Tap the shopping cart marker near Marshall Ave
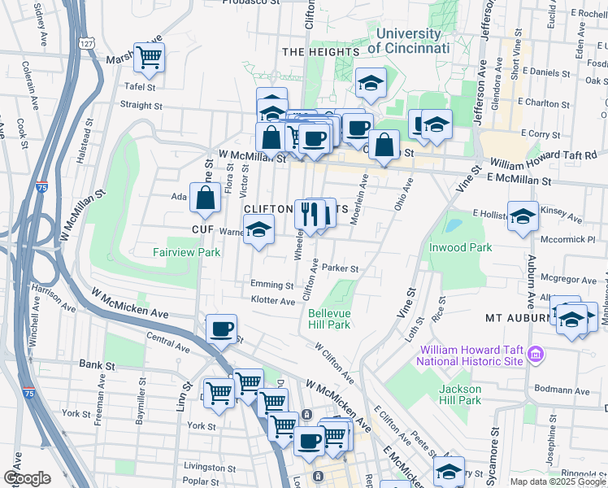[x=150, y=57]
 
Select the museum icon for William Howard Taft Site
[x=536, y=355]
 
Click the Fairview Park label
[x=187, y=253]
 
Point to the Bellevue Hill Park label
[x=329, y=318]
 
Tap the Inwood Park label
[x=462, y=247]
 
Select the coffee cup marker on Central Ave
[x=221, y=329]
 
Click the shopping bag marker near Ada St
[x=206, y=197]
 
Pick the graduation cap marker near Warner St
[x=258, y=231]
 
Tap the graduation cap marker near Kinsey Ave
[x=523, y=216]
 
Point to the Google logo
[x=26, y=477]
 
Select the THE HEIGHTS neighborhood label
[x=320, y=52]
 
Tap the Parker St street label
[x=340, y=268]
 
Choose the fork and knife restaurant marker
[x=309, y=214]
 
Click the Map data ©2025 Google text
[x=557, y=481]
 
